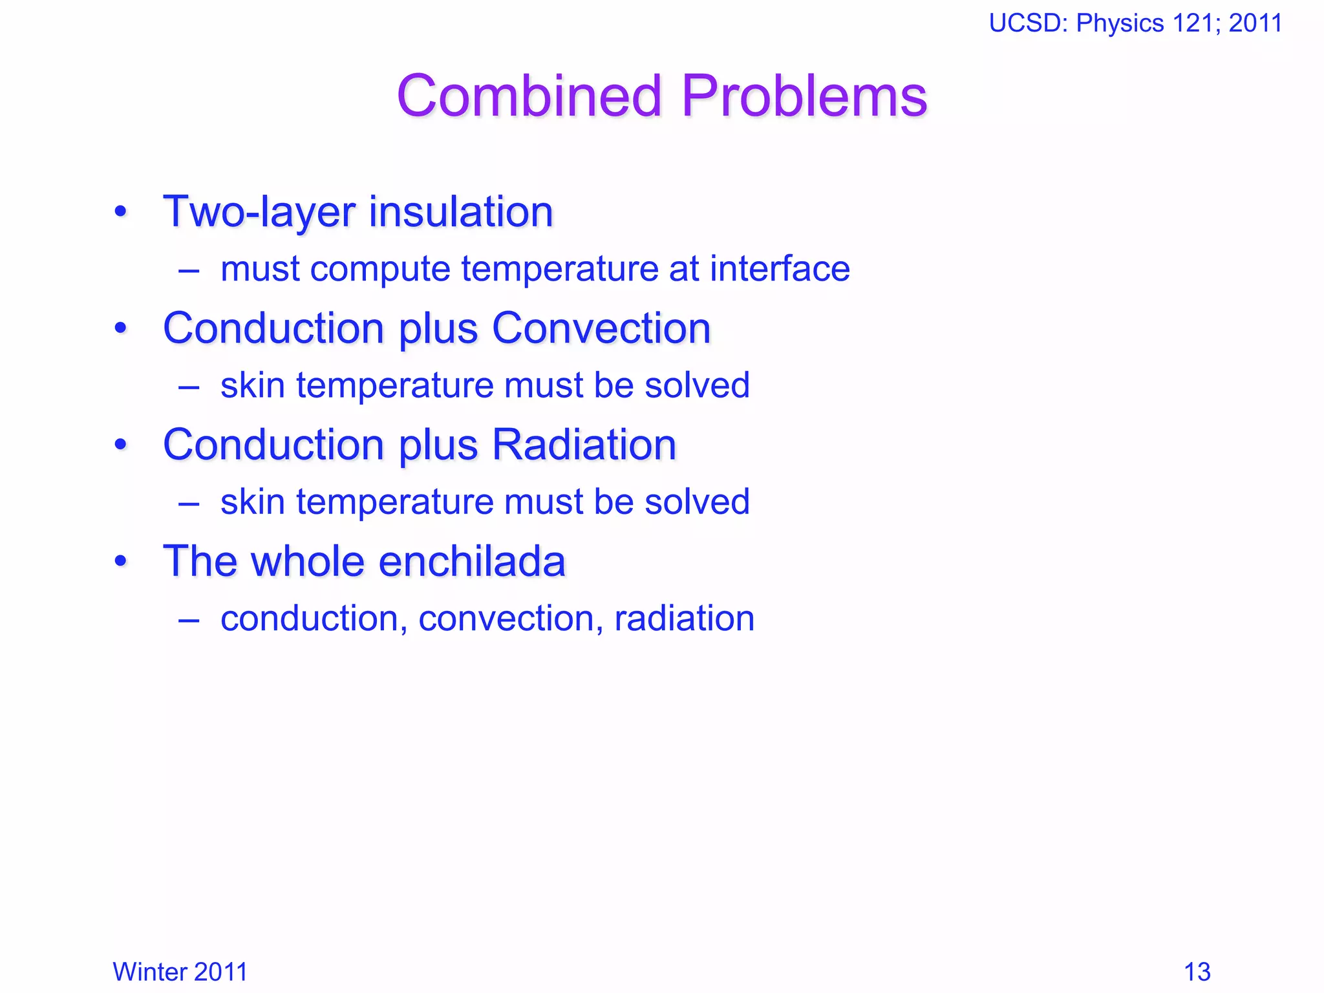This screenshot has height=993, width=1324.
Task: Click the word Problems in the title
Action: (x=804, y=96)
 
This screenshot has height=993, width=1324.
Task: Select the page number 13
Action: (x=1197, y=972)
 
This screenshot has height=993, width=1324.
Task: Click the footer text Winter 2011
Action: (x=180, y=972)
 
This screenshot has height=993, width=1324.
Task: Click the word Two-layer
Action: (x=259, y=212)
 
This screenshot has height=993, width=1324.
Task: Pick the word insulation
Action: (x=461, y=212)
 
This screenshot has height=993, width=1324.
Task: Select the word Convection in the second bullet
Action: (x=601, y=328)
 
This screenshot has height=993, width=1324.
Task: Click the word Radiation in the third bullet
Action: (x=584, y=445)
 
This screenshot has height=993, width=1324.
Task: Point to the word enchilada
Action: (x=472, y=561)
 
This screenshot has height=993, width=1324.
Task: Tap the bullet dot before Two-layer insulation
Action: (x=121, y=212)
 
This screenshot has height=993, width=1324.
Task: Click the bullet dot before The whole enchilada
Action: (x=121, y=561)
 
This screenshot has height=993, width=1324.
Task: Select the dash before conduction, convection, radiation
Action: (x=189, y=619)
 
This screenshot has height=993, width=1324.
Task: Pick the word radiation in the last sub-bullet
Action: (x=684, y=619)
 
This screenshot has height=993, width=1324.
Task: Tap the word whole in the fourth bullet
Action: (x=309, y=561)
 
